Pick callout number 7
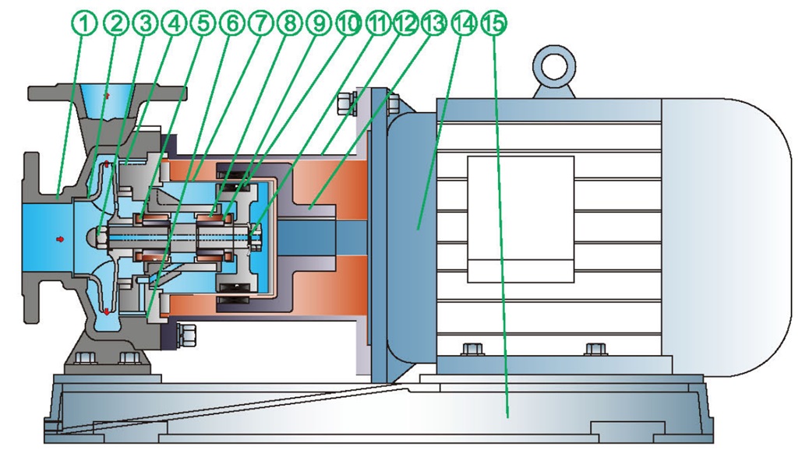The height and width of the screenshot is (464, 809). point(261,24)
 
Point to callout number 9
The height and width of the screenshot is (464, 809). point(319,24)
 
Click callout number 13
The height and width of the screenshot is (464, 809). point(434,24)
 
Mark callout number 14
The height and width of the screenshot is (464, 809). point(463,24)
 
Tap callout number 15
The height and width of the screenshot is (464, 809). point(493,24)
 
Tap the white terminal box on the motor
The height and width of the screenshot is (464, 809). point(520,218)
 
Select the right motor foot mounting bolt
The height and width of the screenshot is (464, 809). point(593,347)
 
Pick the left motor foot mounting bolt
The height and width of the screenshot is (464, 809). point(469,347)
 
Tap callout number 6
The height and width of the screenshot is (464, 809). point(231,24)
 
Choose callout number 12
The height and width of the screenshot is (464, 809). point(405,24)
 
